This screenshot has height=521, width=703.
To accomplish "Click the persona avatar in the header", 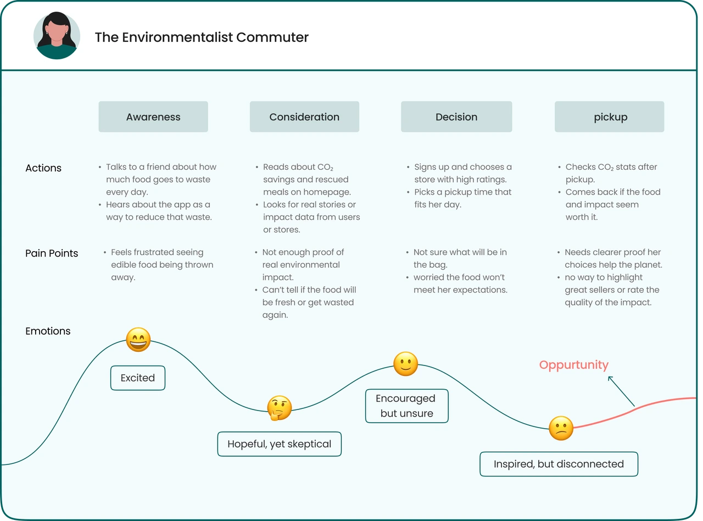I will pyautogui.click(x=57, y=36).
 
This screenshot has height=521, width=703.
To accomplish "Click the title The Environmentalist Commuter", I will pyautogui.click(x=202, y=37).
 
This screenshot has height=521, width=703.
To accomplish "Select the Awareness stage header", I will pyautogui.click(x=153, y=117).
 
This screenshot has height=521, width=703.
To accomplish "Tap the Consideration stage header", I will pyautogui.click(x=304, y=117).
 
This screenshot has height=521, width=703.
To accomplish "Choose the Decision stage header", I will pyautogui.click(x=456, y=117).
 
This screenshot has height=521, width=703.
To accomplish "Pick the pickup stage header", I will pyautogui.click(x=610, y=117).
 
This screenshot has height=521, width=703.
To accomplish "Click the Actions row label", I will pyautogui.click(x=43, y=168).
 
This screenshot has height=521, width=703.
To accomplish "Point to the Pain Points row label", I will pyautogui.click(x=52, y=253).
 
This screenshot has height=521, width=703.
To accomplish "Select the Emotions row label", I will pyautogui.click(x=48, y=331).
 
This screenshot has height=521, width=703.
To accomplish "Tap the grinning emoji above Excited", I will pyautogui.click(x=138, y=340).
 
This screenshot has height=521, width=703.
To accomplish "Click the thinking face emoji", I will pyautogui.click(x=279, y=408).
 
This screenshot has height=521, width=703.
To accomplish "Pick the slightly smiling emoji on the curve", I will pyautogui.click(x=406, y=364).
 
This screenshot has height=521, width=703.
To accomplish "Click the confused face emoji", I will pyautogui.click(x=561, y=428).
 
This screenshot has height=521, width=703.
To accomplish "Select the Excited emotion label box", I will pyautogui.click(x=138, y=378).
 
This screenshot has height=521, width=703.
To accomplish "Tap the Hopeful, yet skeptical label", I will pyautogui.click(x=279, y=444).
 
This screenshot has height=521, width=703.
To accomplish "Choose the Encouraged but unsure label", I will pyautogui.click(x=406, y=406).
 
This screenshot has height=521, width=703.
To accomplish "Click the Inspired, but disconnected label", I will pyautogui.click(x=559, y=464).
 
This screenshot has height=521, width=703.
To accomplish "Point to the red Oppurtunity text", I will pyautogui.click(x=573, y=365).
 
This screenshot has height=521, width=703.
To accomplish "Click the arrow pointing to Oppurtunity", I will pyautogui.click(x=621, y=391).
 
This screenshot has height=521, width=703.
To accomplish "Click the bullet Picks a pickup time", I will pyautogui.click(x=462, y=198).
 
